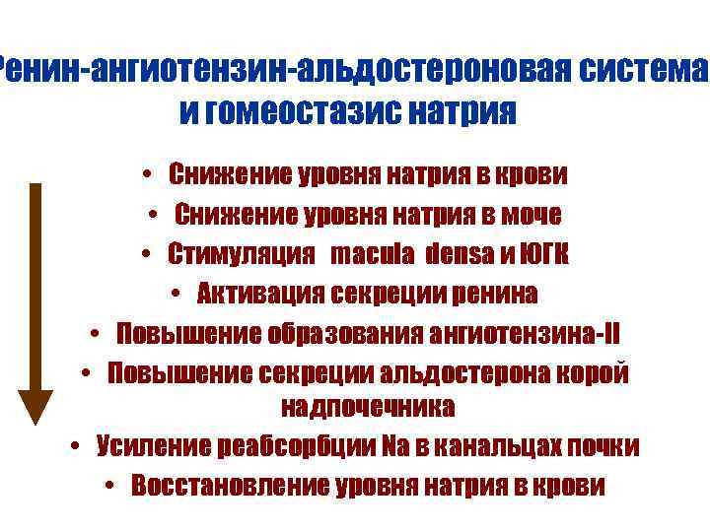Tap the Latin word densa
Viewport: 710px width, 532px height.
click(x=461, y=254)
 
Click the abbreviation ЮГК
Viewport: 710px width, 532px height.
click(x=543, y=254)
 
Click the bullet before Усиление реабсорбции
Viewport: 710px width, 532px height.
click(x=76, y=446)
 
